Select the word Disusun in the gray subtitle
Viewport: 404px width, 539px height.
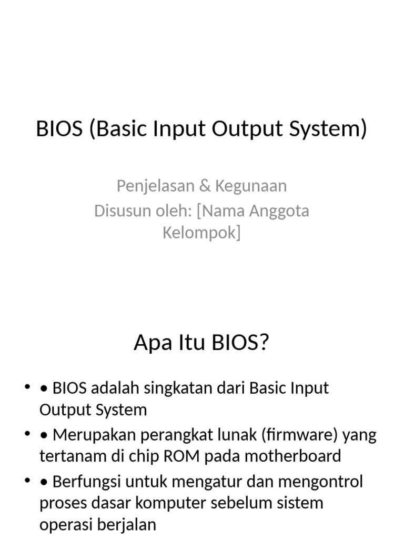tap(119, 211)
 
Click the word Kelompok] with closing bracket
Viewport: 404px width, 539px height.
tap(201, 233)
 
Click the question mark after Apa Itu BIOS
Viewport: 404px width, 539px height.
tap(264, 343)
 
